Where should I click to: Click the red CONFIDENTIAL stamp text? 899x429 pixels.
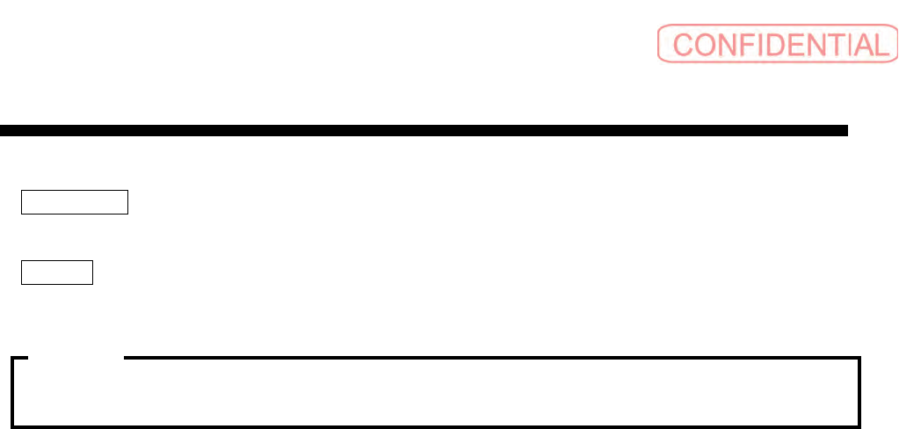point(779,44)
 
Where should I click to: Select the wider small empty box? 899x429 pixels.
point(76,202)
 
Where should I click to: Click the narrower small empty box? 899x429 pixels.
point(58,273)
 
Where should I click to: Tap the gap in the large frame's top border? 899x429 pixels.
point(76,358)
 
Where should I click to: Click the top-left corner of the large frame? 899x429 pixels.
point(13,359)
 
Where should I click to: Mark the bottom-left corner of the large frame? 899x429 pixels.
point(13,425)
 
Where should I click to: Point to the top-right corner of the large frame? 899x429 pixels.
point(859,359)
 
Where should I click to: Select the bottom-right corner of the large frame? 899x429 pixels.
point(859,425)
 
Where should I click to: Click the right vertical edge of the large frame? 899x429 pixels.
point(859,392)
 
